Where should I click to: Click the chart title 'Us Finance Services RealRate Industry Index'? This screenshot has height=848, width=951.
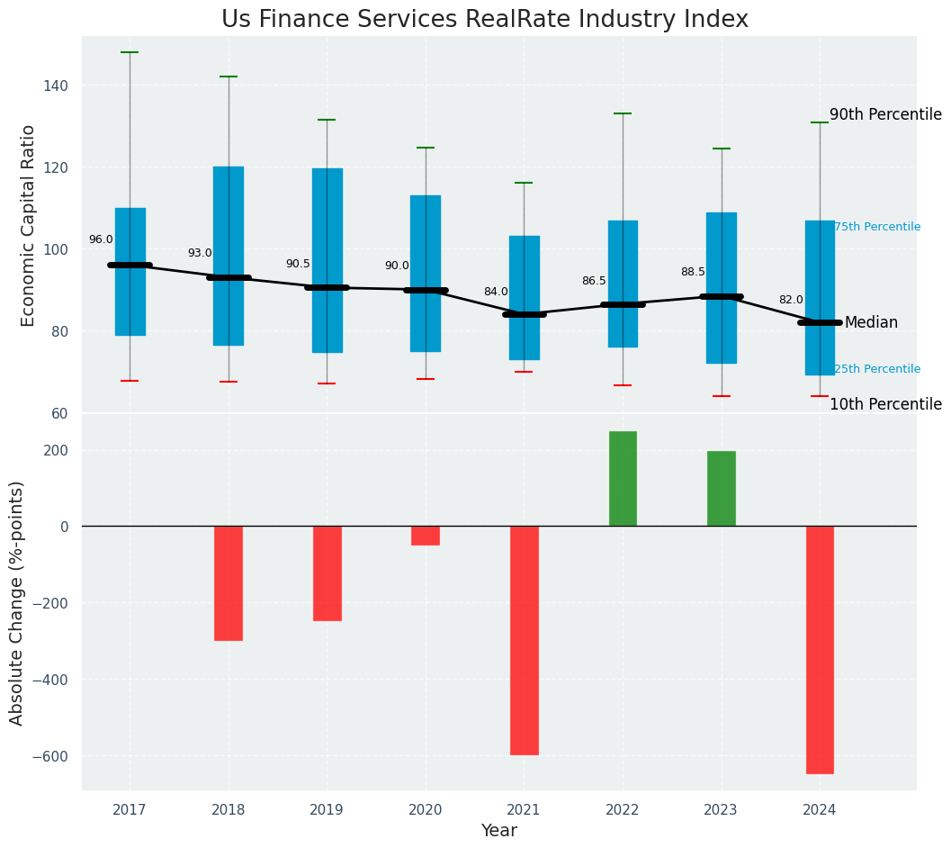(x=484, y=20)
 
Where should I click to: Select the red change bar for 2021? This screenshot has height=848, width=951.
(x=525, y=640)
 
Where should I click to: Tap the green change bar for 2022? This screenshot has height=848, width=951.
(x=623, y=478)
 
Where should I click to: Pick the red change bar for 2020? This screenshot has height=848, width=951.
(x=426, y=536)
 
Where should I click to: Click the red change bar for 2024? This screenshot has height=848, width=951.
(x=820, y=649)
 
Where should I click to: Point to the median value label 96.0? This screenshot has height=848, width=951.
(x=101, y=239)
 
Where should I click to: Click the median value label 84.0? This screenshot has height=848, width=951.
(x=496, y=292)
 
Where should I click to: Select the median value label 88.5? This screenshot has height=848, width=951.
(x=693, y=272)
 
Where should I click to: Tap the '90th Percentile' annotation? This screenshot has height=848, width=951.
(x=885, y=115)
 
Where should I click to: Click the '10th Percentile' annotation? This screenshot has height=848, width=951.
(x=885, y=405)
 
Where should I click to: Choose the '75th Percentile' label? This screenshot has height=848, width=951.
(x=877, y=227)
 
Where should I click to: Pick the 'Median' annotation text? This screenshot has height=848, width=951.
(x=871, y=322)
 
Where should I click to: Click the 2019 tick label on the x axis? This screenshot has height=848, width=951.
(x=327, y=810)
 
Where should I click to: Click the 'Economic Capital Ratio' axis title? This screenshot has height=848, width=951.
(x=29, y=225)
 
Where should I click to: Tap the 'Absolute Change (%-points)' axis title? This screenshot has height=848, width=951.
(x=17, y=603)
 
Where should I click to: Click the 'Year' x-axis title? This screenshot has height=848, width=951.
(x=499, y=831)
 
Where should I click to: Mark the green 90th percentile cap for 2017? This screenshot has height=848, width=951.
(x=130, y=52)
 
